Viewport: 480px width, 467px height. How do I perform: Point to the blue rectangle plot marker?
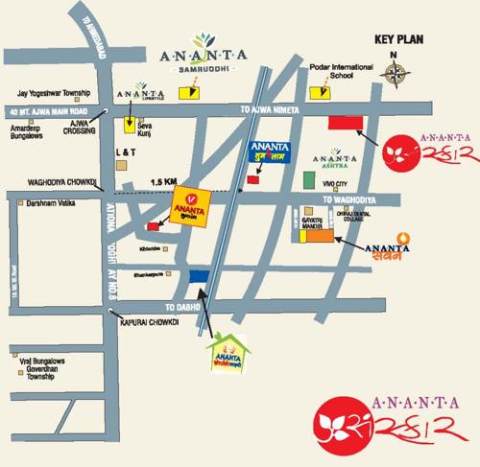[199, 276]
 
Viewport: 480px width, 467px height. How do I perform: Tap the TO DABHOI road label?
[179, 306]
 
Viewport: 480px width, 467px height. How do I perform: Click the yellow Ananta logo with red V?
[186, 204]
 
